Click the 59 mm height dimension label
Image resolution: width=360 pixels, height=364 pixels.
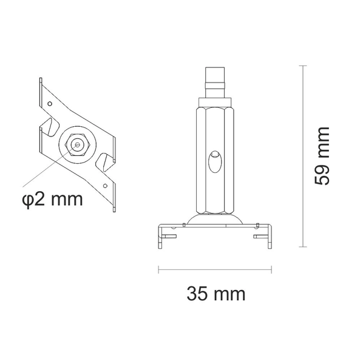point(322,156)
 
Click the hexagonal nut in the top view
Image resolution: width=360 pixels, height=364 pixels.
point(75,144)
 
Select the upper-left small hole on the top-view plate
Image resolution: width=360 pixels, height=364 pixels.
point(49,104)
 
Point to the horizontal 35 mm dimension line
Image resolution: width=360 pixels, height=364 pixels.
point(212,268)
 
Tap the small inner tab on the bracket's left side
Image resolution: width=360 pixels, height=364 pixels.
point(171,235)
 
